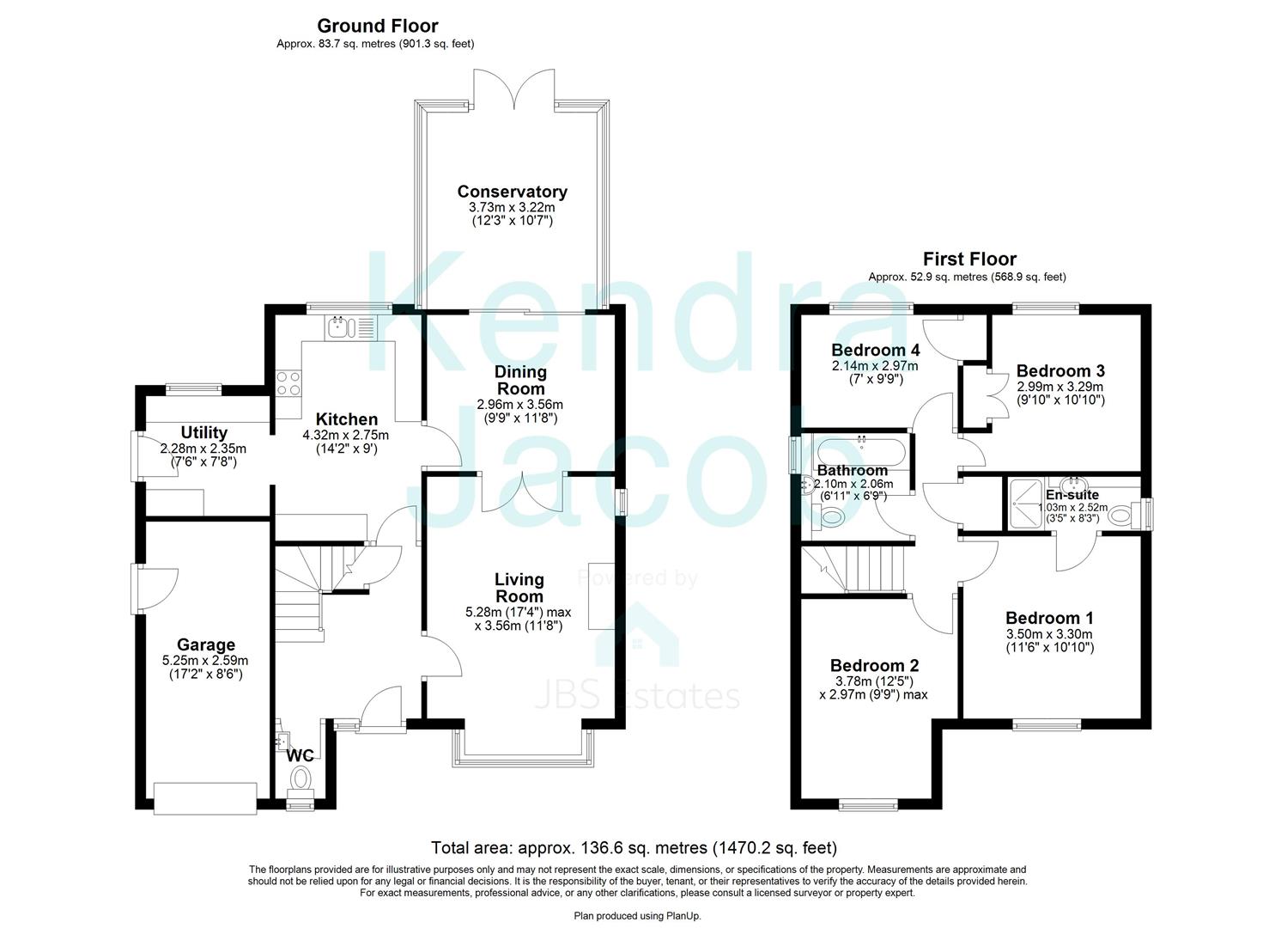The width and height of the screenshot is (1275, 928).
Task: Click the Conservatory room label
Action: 513,192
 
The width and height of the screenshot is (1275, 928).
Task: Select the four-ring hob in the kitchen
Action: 288,383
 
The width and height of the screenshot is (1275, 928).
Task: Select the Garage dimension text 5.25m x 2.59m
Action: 205,661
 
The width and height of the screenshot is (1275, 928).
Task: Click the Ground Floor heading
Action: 378,26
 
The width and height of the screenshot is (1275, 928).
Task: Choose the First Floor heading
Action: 969,259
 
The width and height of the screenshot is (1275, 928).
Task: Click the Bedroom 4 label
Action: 876,349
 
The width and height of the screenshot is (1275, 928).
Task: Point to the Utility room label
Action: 203,432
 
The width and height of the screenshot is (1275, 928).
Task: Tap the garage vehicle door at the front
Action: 205,799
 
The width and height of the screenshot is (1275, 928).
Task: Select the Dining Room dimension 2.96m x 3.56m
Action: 519,405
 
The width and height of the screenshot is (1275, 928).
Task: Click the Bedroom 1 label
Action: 1049,618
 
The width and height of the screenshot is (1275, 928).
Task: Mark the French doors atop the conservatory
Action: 514,89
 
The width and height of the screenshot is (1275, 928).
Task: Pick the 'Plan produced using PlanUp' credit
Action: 637,917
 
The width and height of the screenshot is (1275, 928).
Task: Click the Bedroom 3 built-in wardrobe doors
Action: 997,396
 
